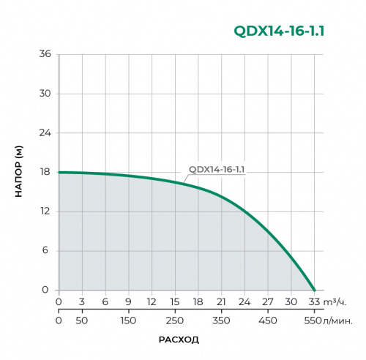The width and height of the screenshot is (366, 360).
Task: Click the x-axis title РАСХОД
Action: [179, 340]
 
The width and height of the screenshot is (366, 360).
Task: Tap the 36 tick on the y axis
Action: [45, 55]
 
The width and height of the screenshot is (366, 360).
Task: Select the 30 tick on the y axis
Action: [45, 94]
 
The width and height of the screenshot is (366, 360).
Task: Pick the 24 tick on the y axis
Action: [45, 133]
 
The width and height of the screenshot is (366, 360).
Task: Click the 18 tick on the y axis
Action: [45, 173]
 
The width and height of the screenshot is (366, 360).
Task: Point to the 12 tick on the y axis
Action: [45, 211]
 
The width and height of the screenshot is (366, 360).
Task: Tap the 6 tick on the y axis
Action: [47, 251]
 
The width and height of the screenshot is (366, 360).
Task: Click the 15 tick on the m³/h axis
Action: [175, 301]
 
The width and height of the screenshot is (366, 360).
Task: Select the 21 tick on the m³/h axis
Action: [221, 301]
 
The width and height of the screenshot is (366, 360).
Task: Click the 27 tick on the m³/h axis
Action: [268, 301]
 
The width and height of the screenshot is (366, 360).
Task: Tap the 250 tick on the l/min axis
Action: [175, 320]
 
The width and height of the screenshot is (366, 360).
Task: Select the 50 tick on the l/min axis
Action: [82, 320]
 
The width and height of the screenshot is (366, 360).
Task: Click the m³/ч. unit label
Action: [334, 301]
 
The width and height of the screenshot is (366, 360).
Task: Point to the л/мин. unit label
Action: [338, 320]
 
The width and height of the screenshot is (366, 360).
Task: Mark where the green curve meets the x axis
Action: [315, 290]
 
